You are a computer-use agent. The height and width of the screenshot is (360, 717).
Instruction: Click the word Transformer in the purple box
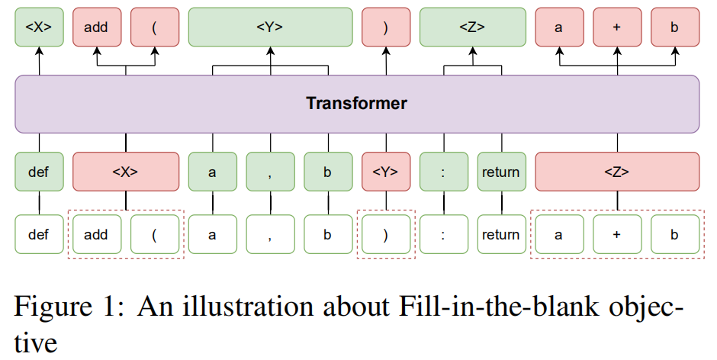tap(357, 104)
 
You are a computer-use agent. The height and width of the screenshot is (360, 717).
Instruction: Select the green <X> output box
tap(38, 27)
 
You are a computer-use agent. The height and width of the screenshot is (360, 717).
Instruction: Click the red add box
tap(96, 27)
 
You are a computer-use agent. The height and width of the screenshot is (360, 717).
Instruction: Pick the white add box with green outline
tap(96, 235)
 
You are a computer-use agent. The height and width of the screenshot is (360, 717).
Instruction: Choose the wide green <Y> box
tap(270, 27)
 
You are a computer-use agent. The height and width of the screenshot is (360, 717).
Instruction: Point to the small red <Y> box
tap(386, 172)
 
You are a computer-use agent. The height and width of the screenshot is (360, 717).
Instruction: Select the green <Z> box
tap(472, 27)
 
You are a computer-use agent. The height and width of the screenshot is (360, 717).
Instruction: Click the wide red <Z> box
tap(617, 172)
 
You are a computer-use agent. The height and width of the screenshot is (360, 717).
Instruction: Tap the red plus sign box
tap(617, 27)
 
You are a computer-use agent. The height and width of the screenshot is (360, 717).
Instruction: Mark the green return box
tap(501, 172)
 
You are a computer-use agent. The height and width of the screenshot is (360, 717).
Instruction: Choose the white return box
tap(501, 235)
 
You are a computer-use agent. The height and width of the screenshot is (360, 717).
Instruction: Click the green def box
tap(38, 172)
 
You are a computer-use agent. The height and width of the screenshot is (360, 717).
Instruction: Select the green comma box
tap(270, 172)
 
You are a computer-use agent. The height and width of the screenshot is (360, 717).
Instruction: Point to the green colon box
tap(443, 172)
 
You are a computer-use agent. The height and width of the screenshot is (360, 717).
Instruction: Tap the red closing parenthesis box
tap(386, 27)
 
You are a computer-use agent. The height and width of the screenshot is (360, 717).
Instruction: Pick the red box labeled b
tap(674, 27)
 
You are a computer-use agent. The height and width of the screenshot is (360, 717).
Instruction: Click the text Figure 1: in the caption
tap(69, 309)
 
